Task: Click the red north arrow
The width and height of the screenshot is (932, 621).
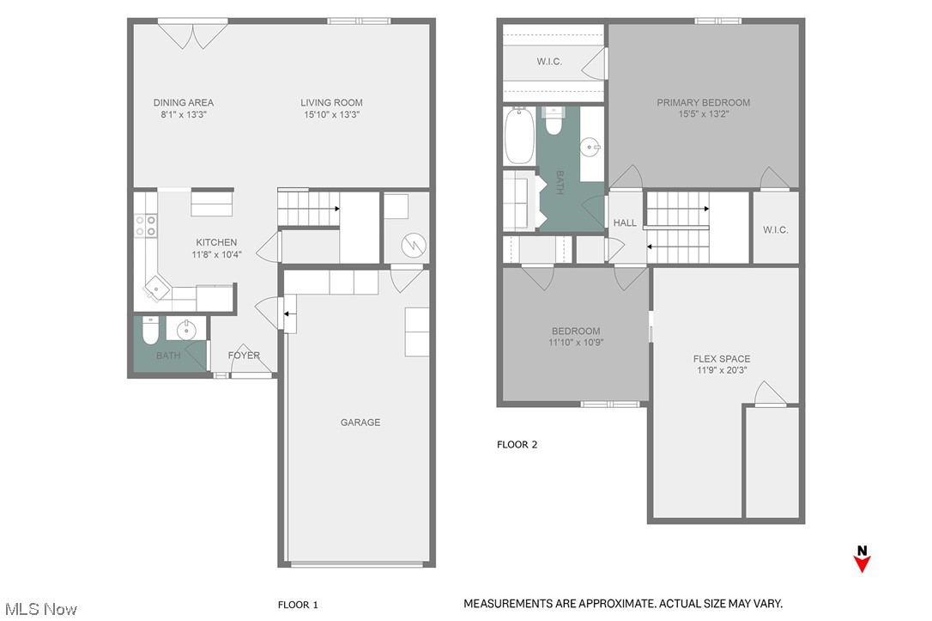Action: (862, 563)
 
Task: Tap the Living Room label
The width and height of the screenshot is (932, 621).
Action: (331, 103)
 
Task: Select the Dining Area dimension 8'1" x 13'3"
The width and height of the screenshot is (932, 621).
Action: (184, 114)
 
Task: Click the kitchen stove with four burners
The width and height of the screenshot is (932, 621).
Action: (145, 225)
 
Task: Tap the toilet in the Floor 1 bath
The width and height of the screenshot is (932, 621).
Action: (150, 330)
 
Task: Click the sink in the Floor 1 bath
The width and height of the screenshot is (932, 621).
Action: (187, 329)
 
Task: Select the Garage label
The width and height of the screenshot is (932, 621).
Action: (360, 423)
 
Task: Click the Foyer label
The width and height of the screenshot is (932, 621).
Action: (244, 356)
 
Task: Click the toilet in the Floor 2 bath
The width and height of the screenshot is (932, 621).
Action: (554, 124)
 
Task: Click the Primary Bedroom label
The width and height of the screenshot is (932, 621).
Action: (703, 103)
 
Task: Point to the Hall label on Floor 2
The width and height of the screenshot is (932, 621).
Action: (625, 223)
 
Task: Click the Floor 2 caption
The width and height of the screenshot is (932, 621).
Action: (517, 445)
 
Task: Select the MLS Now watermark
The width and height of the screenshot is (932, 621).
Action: (39, 609)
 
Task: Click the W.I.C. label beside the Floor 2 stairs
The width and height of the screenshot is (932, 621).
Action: (775, 230)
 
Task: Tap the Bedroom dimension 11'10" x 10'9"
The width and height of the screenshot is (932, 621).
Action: (575, 343)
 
